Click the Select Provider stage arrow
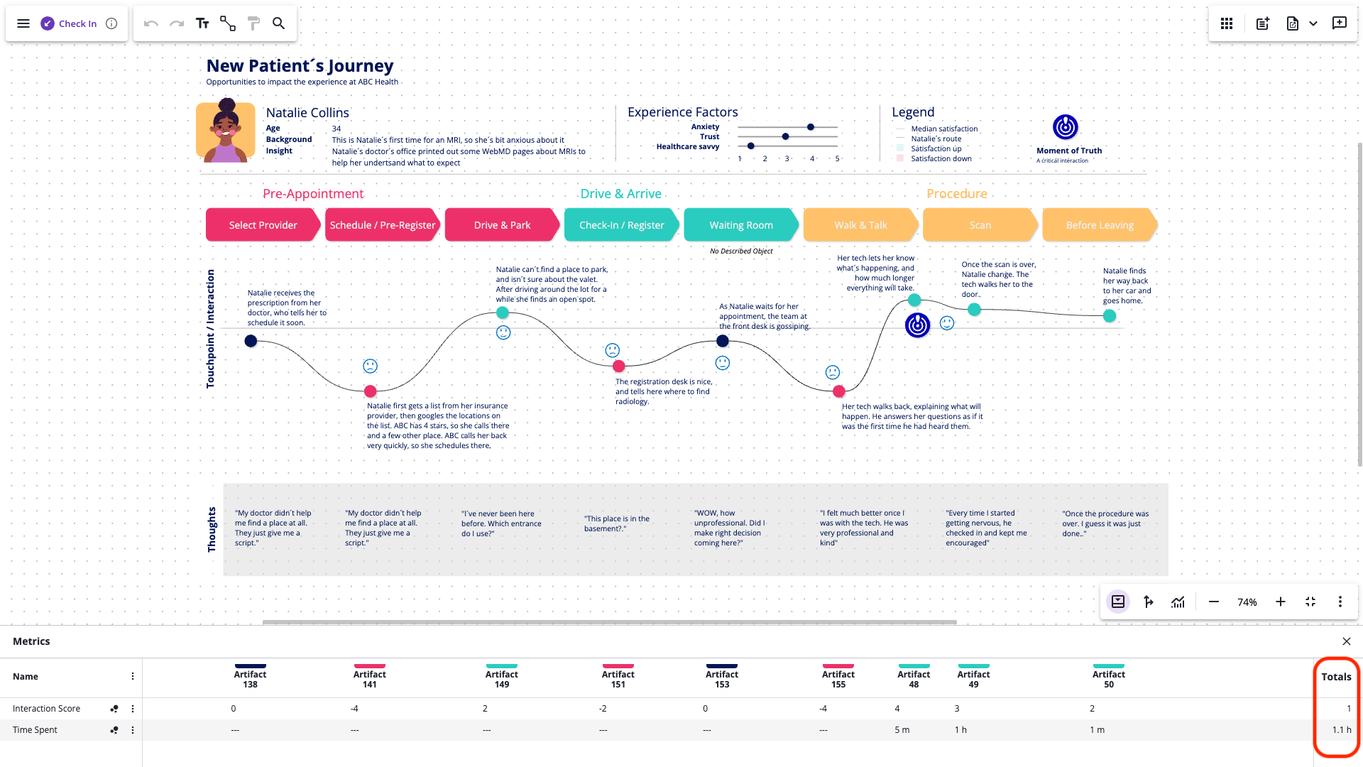[x=263, y=225]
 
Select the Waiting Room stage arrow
[x=740, y=225]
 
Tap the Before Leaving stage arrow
[x=1099, y=225]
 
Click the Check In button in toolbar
[x=69, y=23]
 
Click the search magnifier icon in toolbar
[x=279, y=23]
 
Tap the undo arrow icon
[x=150, y=23]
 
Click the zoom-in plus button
[x=1280, y=602]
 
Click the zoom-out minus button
[x=1214, y=602]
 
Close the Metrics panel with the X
[x=1347, y=641]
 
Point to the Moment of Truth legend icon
[x=1065, y=127]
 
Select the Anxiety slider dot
[x=811, y=127]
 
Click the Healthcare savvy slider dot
[x=751, y=146]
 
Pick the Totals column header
[x=1336, y=677]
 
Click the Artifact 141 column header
[x=370, y=679]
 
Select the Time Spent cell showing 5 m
[x=902, y=730]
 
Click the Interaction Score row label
[x=46, y=709]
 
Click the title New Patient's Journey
[x=300, y=66]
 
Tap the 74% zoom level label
[x=1247, y=602]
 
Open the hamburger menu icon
[x=23, y=23]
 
